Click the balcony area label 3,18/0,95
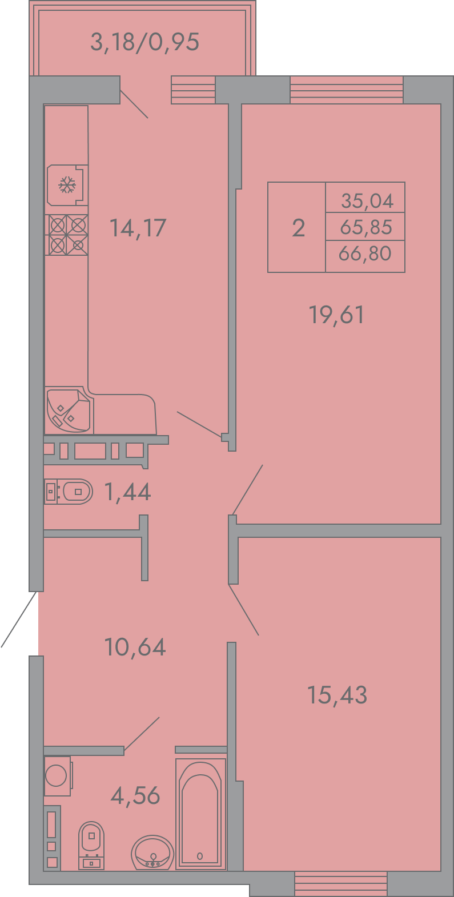144,42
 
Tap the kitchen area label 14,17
138,228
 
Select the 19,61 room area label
336,315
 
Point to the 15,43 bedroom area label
337,695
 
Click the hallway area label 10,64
135,647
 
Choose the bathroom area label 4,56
135,796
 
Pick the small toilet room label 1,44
127,492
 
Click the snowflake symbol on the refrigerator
67,185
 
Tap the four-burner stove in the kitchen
66,235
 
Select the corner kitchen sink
69,411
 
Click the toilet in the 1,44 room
69,492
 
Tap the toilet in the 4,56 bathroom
92,846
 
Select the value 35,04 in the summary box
367,200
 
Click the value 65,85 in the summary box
366,227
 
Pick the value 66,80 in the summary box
365,254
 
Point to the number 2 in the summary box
299,228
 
